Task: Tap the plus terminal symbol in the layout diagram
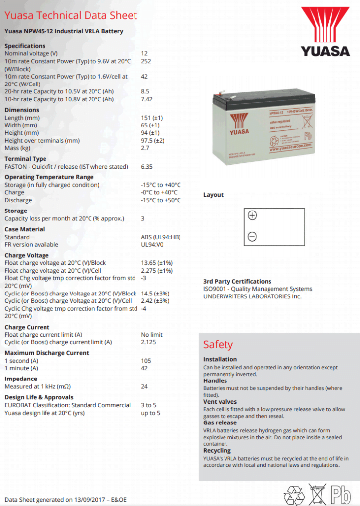(x=252, y=215)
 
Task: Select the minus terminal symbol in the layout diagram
(x=252, y=237)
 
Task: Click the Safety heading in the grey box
(x=218, y=344)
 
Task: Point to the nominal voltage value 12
(x=144, y=53)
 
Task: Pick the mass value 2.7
(x=145, y=148)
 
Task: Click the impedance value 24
(x=144, y=386)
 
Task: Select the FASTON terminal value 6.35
(x=147, y=167)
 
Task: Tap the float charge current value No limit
(x=152, y=335)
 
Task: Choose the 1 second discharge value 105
(x=146, y=361)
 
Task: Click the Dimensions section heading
(x=22, y=110)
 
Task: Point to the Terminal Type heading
(x=25, y=159)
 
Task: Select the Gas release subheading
(x=220, y=422)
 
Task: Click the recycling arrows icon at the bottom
(x=294, y=494)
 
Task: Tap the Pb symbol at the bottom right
(x=341, y=494)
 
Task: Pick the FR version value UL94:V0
(x=153, y=244)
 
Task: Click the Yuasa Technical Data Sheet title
(x=71, y=15)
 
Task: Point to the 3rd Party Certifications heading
(x=237, y=281)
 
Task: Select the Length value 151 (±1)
(x=152, y=118)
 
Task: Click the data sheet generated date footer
(x=65, y=500)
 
